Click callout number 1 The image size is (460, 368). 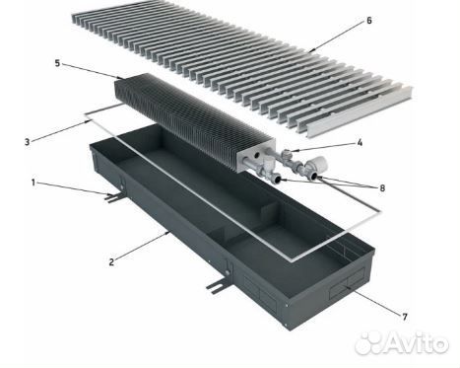click(x=33, y=183)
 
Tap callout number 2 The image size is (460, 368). click(x=111, y=261)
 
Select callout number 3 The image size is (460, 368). click(x=27, y=142)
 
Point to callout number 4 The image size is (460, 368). click(x=360, y=143)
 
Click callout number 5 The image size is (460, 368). click(x=57, y=63)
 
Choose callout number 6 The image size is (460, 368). click(x=369, y=21)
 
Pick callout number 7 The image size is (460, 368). click(x=405, y=317)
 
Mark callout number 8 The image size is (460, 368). click(x=382, y=188)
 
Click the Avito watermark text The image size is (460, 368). click(x=417, y=343)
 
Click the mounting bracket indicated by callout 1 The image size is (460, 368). click(x=114, y=196)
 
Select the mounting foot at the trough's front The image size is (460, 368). click(x=218, y=285)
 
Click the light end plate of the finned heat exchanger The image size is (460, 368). click(x=255, y=156)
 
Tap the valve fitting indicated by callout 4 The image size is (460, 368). click(x=288, y=154)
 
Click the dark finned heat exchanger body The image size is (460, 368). click(x=193, y=117)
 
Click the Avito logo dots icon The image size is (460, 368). click(x=368, y=343)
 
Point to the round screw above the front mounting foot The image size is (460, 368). click(x=228, y=272)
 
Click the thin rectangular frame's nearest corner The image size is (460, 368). click(x=292, y=259)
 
